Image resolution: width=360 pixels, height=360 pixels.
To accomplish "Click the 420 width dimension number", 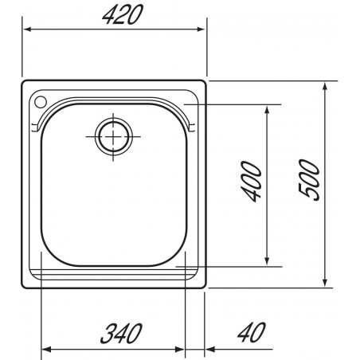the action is [x=123, y=14].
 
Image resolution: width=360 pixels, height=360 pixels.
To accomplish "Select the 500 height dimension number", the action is [x=309, y=180].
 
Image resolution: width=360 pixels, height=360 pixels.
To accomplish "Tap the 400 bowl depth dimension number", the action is [x=251, y=182].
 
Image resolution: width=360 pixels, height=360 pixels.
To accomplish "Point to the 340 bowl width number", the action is [x=121, y=334].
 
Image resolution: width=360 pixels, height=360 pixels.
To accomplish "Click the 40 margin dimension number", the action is [x=252, y=332].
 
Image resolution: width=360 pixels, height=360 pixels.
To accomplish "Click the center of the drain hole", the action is [x=113, y=137].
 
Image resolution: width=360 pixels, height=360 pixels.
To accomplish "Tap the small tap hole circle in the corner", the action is [x=41, y=102].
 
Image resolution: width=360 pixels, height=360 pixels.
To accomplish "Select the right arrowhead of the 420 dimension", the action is [x=201, y=29].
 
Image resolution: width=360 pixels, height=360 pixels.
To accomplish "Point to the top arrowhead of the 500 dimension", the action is [x=325, y=87].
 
